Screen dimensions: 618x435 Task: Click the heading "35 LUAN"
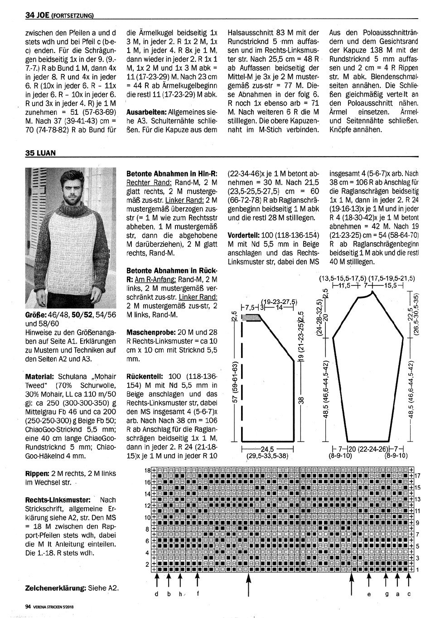pyautogui.click(x=40, y=153)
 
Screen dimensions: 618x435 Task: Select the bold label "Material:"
pyautogui.click(x=40, y=377)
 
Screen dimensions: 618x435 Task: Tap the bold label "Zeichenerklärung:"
pyautogui.click(x=55, y=588)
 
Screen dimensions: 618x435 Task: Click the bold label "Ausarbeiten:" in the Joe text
pyautogui.click(x=146, y=112)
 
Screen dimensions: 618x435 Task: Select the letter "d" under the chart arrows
pyautogui.click(x=156, y=594)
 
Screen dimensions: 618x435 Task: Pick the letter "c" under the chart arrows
pyautogui.click(x=409, y=594)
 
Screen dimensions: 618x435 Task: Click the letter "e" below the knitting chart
pyautogui.click(x=369, y=594)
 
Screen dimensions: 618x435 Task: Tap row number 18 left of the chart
pyautogui.click(x=147, y=470)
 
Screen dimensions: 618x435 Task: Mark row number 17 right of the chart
pyautogui.click(x=418, y=475)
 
